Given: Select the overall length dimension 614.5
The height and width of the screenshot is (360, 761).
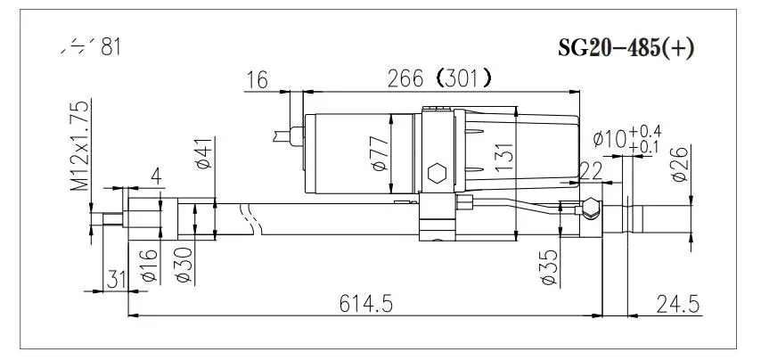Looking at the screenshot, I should pyautogui.click(x=366, y=303).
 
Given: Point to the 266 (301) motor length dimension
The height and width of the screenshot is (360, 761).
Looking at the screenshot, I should pyautogui.click(x=436, y=78).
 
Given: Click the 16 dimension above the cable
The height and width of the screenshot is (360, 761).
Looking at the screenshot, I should pyautogui.click(x=257, y=79).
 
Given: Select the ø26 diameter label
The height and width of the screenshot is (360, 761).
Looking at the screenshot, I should pyautogui.click(x=679, y=163).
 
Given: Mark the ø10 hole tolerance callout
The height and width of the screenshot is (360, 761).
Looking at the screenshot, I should pyautogui.click(x=623, y=139).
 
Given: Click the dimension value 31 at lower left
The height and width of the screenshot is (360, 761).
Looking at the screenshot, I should pyautogui.click(x=116, y=280).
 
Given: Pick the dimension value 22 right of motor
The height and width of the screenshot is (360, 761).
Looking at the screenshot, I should pyautogui.click(x=591, y=169).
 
